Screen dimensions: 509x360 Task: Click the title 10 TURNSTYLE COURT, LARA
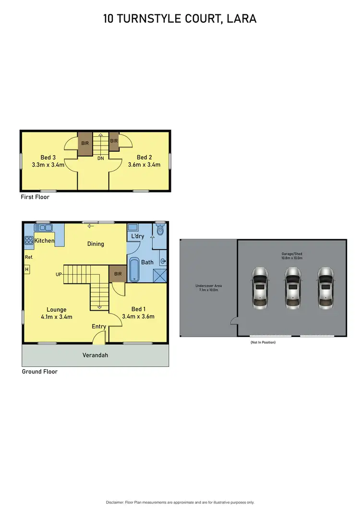(180, 19)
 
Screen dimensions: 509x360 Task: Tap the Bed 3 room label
(48, 158)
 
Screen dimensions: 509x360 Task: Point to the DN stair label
(101, 158)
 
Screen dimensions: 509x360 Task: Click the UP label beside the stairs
(59, 275)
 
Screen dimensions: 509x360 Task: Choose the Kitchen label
(45, 241)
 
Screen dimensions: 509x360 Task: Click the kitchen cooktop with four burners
(29, 241)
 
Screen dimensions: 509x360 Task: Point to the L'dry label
(138, 236)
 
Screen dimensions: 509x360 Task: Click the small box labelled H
(27, 270)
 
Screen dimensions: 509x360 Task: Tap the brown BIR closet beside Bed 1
(117, 274)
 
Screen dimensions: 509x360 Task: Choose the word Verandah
(95, 355)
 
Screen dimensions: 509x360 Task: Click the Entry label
(99, 327)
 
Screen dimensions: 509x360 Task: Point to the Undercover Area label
(208, 288)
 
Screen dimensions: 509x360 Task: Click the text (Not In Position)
(263, 342)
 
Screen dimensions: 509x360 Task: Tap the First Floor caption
(35, 197)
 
